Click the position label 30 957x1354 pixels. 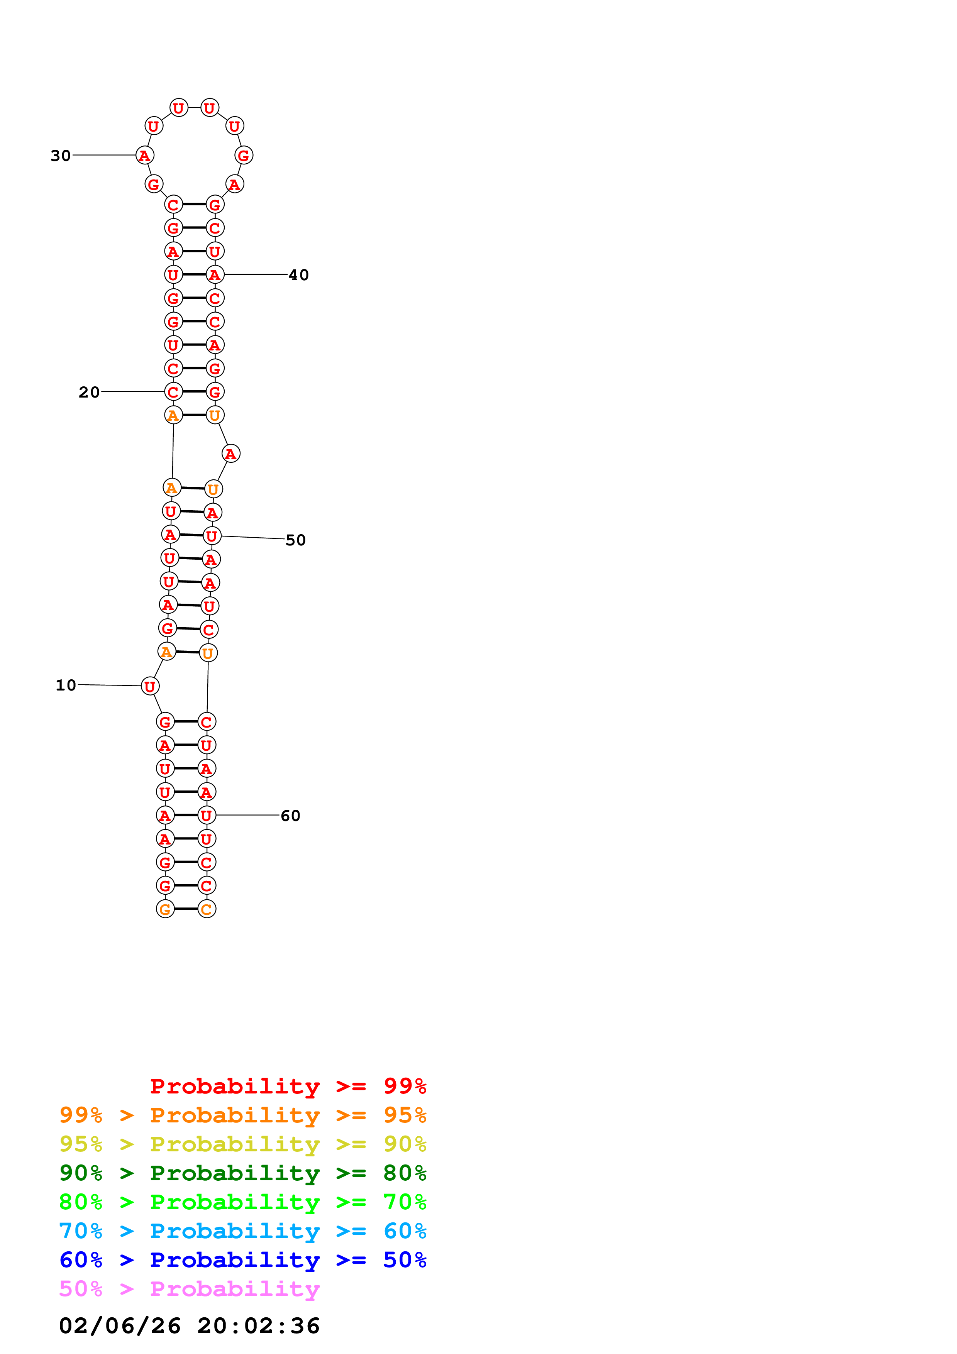(60, 156)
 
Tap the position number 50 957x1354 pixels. (295, 540)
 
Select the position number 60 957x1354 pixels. (290, 816)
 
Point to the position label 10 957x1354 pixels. (66, 685)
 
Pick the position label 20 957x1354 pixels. (89, 392)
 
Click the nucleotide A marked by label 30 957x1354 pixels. (144, 156)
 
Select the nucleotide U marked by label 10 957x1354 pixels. (150, 686)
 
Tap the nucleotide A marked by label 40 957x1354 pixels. (215, 275)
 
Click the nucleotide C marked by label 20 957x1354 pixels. (173, 392)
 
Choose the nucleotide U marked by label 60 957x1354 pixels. (207, 816)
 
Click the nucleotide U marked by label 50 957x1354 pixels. (212, 536)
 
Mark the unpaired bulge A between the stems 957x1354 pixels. (230, 454)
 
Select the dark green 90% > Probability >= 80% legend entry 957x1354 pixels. (242, 1173)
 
